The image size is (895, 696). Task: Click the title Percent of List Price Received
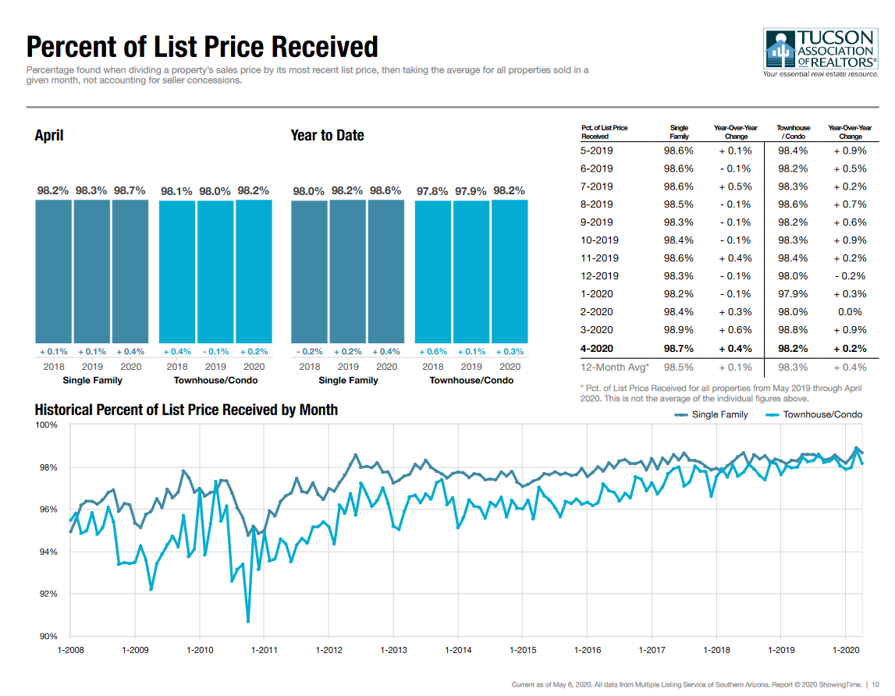click(x=202, y=47)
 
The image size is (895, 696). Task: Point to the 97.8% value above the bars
click(x=432, y=190)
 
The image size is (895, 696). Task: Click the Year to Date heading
click(x=327, y=136)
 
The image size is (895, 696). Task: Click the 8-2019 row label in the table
click(x=597, y=204)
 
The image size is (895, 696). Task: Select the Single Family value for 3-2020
click(x=678, y=330)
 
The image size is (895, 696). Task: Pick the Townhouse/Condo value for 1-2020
click(x=793, y=294)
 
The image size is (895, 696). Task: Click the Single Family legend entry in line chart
click(x=712, y=415)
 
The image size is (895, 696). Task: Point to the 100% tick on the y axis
click(x=48, y=424)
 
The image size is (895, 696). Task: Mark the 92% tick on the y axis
click(x=49, y=595)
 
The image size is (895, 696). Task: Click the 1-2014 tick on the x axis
click(x=458, y=649)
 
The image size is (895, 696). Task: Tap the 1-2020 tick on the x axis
click(x=846, y=649)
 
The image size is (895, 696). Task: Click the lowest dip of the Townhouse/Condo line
click(x=248, y=622)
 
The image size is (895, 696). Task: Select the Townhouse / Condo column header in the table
click(x=793, y=132)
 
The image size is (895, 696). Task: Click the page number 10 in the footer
click(x=875, y=684)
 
